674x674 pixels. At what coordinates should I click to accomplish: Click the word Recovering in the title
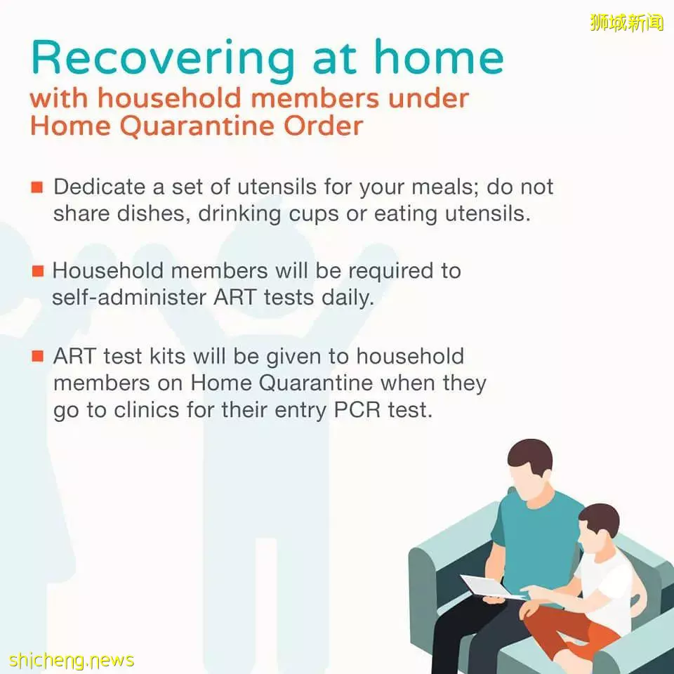pos(162,59)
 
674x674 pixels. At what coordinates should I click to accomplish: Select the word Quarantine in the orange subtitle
pos(196,127)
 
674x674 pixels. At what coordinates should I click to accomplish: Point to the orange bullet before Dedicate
pos(37,187)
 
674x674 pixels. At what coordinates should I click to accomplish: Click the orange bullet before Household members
pos(38,271)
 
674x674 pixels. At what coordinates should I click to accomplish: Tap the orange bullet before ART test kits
pos(38,357)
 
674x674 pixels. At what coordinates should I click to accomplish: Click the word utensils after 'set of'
pos(277,187)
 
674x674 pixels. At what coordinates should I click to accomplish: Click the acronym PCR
pos(357,409)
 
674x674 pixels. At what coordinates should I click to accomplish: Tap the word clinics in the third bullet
pos(147,409)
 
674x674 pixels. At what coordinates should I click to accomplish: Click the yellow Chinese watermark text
pos(627,22)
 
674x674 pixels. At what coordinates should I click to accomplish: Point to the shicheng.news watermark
pos(72,660)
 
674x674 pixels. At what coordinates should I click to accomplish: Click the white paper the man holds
pos(490,586)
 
